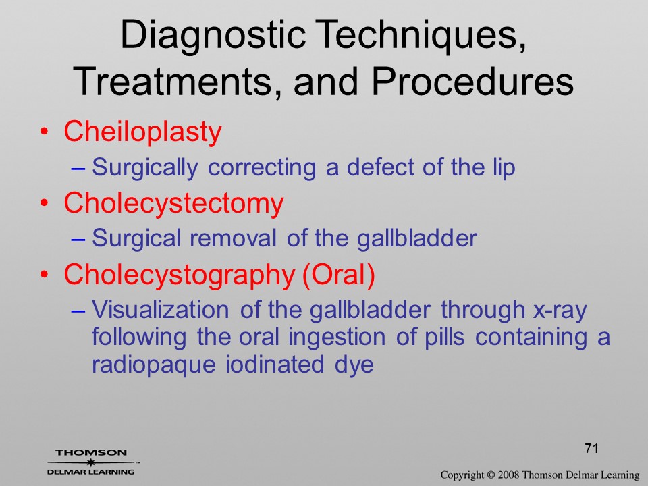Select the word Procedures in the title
[x=473, y=80]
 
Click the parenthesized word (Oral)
[x=339, y=275]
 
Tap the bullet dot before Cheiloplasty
[x=45, y=132]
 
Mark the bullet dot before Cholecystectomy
[x=45, y=203]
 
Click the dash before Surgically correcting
[x=78, y=169]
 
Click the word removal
[x=233, y=238]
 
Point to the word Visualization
[x=161, y=310]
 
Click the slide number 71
[x=591, y=448]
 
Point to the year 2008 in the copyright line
[x=508, y=475]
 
